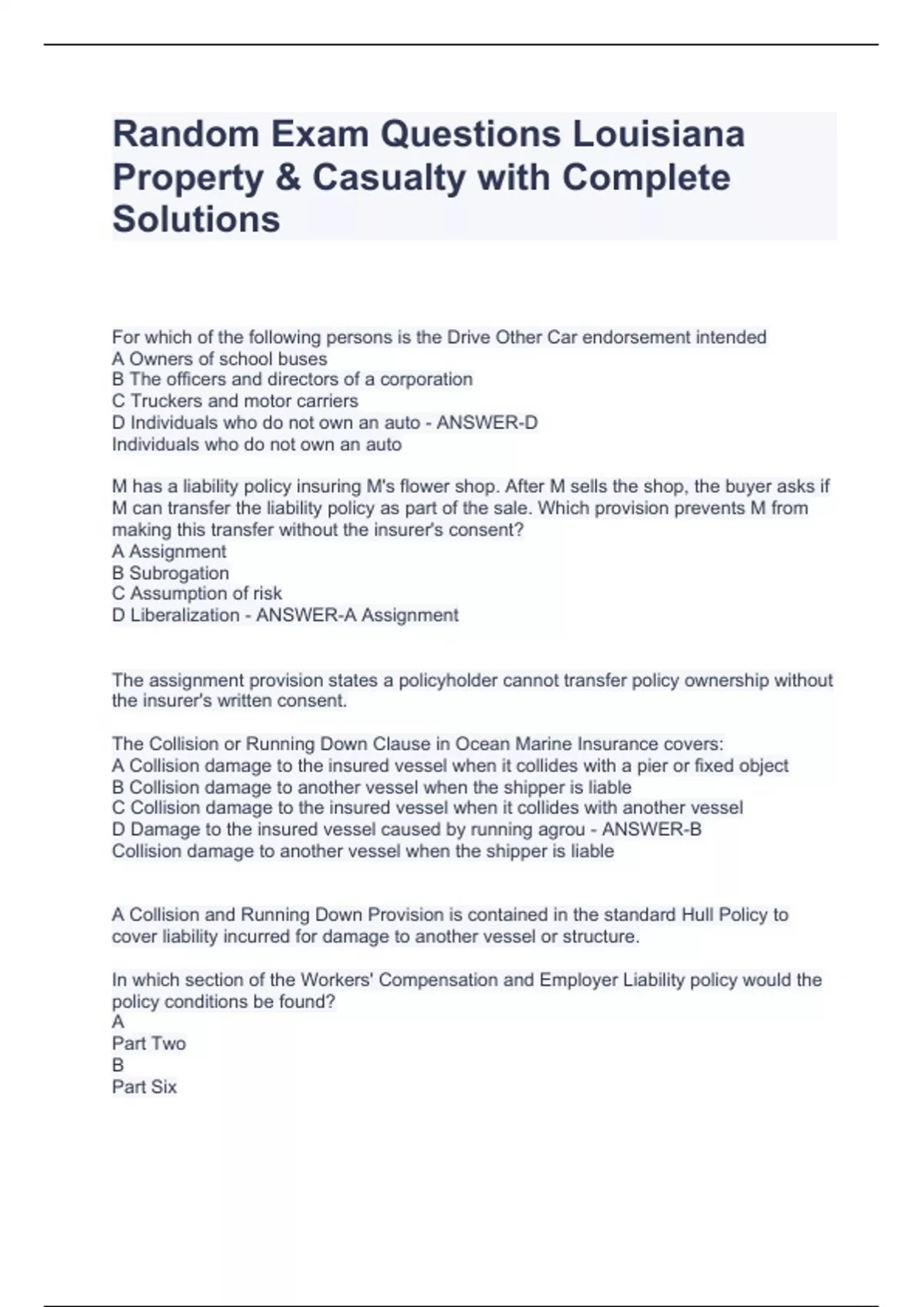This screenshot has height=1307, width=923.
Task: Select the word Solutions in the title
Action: (196, 219)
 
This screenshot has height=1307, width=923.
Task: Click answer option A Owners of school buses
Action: (219, 359)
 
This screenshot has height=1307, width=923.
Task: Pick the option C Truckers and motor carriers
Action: (235, 401)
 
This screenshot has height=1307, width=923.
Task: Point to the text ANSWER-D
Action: (487, 423)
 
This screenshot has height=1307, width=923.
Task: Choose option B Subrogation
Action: (170, 574)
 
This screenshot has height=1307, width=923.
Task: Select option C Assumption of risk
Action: (197, 594)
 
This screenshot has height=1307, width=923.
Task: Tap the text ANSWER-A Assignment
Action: (357, 616)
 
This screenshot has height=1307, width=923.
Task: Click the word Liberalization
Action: (185, 616)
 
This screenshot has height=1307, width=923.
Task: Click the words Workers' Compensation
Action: (397, 980)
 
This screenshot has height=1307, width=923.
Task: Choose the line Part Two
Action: (148, 1044)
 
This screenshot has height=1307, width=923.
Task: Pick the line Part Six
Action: (144, 1087)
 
